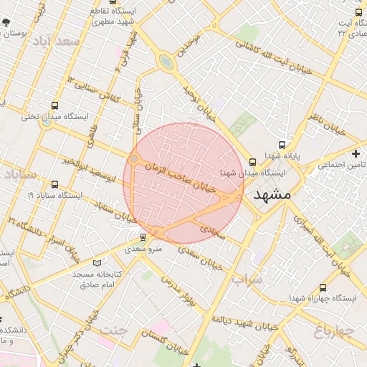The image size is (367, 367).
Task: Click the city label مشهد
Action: (272, 194)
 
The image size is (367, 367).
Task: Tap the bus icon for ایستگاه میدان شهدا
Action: (252, 162)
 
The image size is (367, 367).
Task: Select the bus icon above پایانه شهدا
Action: (281, 143)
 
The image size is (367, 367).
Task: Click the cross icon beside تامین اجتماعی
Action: (356, 153)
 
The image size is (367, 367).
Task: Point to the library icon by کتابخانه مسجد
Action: (97, 263)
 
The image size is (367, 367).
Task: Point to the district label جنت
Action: (113, 330)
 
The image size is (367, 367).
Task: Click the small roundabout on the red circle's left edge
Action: (134, 158)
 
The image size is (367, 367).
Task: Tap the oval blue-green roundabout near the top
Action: (166, 62)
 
